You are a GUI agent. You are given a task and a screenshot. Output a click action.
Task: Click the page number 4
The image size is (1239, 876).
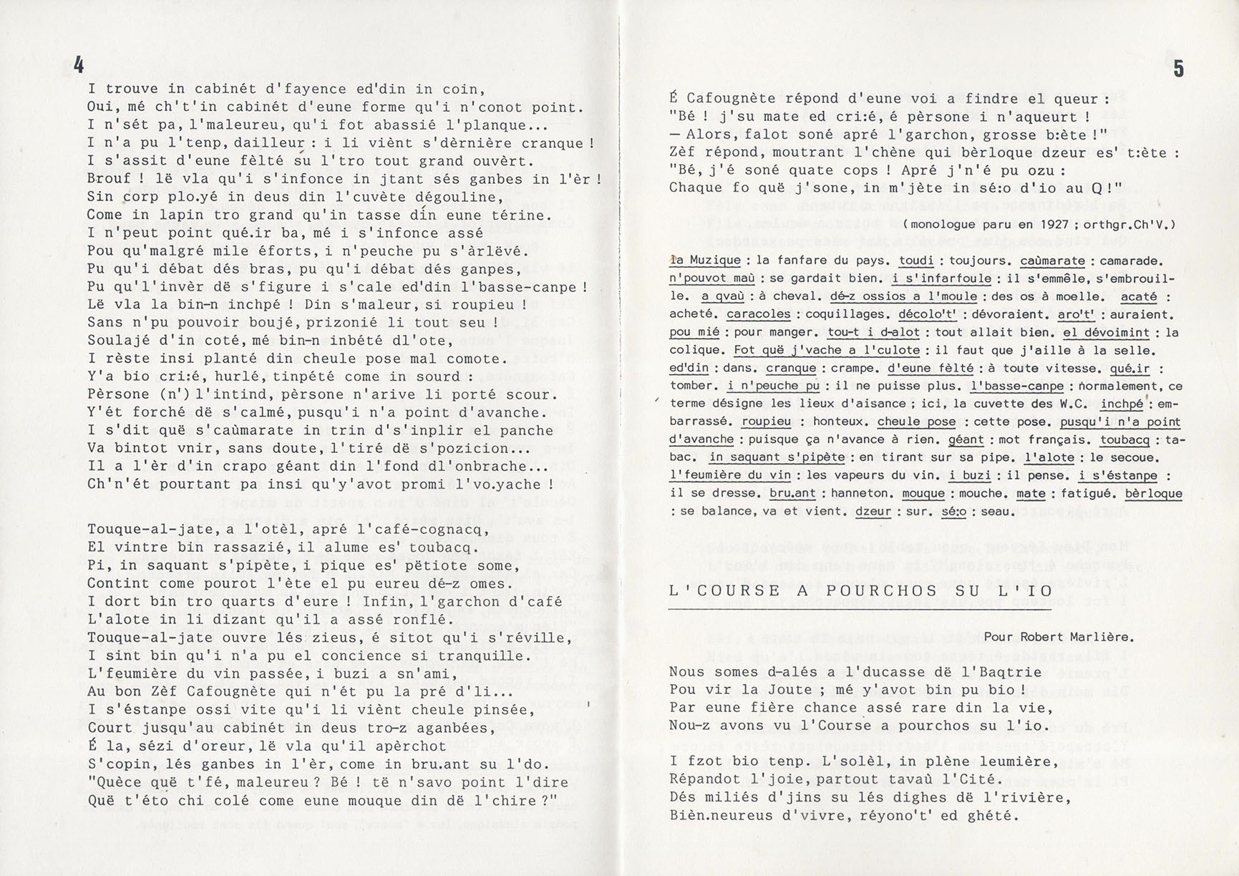pyautogui.click(x=79, y=65)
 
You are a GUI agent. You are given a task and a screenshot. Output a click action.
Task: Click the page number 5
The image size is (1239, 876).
pyautogui.click(x=1178, y=69)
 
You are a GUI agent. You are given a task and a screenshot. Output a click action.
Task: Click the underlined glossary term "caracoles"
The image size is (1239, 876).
pyautogui.click(x=759, y=314)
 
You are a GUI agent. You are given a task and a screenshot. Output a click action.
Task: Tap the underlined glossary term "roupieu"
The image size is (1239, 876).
pyautogui.click(x=767, y=422)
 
